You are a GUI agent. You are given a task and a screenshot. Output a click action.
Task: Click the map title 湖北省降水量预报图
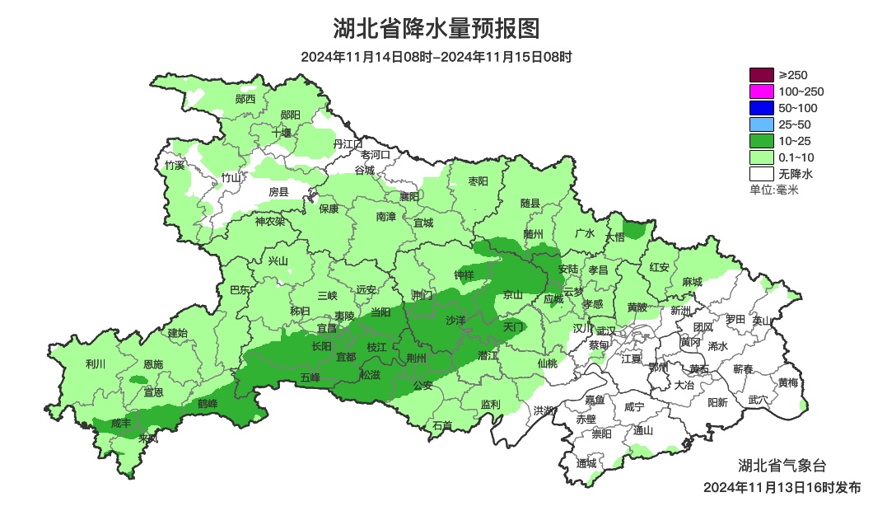[436, 28]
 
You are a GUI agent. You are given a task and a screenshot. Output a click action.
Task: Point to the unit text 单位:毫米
[773, 190]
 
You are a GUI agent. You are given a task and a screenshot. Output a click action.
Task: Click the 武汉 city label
[606, 330]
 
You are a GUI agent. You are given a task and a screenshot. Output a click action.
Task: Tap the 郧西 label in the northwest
[245, 99]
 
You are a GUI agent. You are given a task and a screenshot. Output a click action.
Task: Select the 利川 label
[96, 363]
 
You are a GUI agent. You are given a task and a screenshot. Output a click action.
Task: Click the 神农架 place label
[269, 221]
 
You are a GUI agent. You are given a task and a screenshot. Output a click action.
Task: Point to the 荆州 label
[417, 358]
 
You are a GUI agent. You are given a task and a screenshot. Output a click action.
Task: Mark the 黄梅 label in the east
[787, 382]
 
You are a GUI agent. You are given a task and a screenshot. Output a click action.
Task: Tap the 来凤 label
[148, 438]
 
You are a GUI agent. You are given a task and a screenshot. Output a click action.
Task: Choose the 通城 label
[586, 463]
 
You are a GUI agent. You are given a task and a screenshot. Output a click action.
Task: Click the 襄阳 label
[409, 196]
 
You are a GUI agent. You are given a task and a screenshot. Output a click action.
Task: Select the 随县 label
[530, 203]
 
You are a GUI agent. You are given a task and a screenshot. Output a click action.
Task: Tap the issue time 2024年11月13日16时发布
[782, 487]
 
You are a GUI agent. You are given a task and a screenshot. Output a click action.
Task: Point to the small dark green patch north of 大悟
[635, 228]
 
